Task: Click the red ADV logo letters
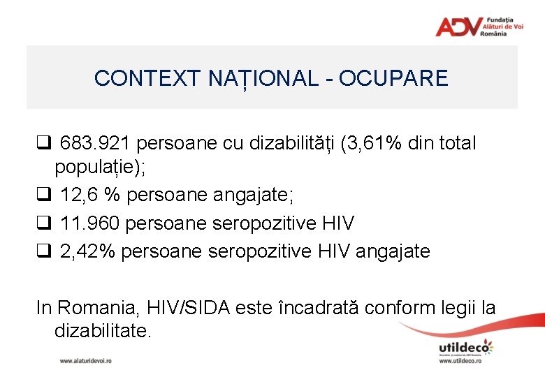[457, 27]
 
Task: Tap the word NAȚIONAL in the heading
[263, 78]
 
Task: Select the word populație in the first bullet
[90, 168]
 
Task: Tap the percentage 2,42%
[87, 251]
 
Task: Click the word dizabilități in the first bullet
[283, 144]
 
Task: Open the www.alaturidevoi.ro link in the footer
[85, 361]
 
